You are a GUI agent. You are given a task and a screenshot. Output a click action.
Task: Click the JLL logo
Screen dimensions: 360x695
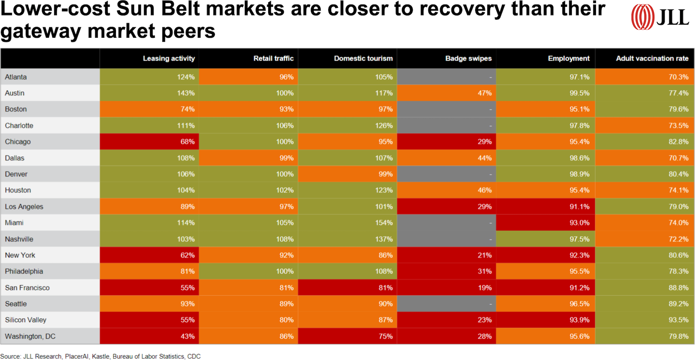(659, 17)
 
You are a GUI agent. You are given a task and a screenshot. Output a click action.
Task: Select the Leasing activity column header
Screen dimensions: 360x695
(168, 59)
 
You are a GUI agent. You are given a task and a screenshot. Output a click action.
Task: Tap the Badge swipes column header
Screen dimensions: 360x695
(468, 59)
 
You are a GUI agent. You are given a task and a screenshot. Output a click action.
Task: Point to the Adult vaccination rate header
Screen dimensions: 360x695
(652, 59)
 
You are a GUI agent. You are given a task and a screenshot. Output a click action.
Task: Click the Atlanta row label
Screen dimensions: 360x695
(16, 77)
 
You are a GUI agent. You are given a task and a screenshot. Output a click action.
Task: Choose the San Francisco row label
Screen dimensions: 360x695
(27, 288)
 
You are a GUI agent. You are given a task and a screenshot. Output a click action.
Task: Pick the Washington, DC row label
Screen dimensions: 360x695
(30, 336)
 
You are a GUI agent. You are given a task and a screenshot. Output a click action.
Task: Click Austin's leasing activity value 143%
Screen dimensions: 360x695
(185, 93)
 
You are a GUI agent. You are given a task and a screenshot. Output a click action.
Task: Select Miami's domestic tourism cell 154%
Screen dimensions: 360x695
(383, 223)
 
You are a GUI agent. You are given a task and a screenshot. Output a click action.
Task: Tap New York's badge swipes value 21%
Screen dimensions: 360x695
(484, 255)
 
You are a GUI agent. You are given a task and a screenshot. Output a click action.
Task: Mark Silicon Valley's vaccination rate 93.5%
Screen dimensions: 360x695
(678, 320)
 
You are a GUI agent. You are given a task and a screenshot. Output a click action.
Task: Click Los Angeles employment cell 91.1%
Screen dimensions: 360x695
(579, 207)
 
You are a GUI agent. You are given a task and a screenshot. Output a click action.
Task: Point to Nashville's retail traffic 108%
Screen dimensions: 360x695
(284, 239)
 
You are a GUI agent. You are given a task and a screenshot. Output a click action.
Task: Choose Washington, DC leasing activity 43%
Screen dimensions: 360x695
(187, 336)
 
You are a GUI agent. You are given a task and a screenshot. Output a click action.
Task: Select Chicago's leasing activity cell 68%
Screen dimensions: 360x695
(187, 142)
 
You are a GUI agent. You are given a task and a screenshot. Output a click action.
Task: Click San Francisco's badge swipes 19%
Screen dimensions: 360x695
(484, 288)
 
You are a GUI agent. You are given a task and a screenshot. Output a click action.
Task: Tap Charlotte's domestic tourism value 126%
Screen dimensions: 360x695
(383, 125)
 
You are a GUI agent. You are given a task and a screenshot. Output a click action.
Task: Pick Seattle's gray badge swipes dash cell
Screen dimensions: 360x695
(446, 304)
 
